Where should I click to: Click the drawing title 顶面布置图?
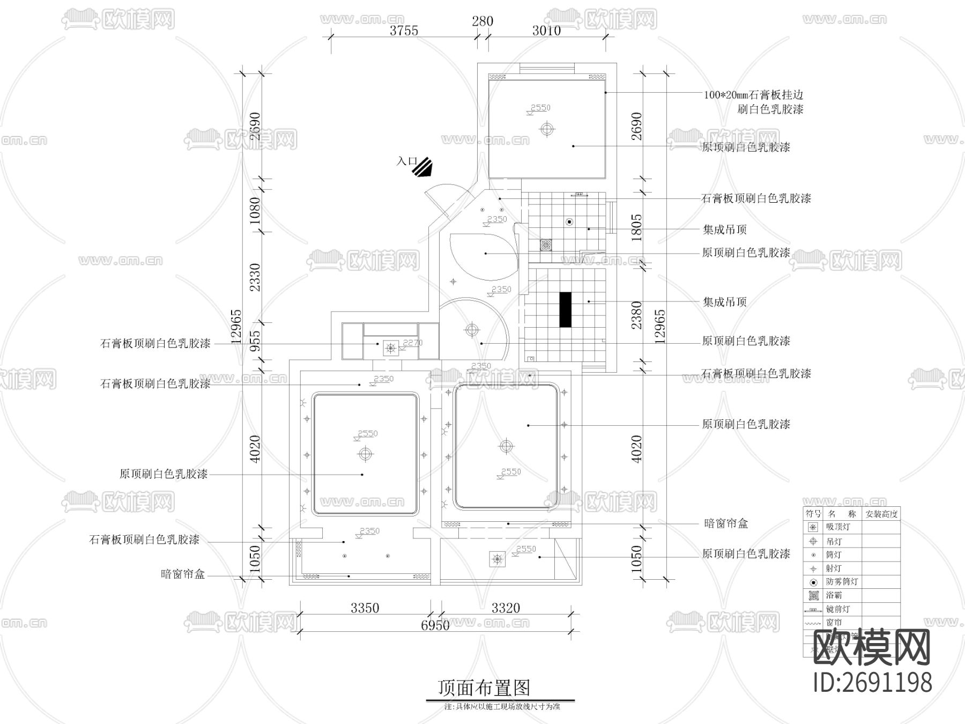(x=484, y=688)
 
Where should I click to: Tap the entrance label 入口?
(x=406, y=161)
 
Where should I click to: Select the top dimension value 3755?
(x=404, y=31)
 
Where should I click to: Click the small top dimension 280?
(x=482, y=21)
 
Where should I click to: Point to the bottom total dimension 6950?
(x=435, y=625)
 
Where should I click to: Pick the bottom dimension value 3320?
(x=506, y=608)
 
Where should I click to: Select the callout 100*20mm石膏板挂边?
(x=753, y=95)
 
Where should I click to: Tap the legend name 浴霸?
(x=834, y=595)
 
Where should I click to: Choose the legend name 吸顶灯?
(x=838, y=527)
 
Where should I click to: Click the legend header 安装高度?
(x=881, y=514)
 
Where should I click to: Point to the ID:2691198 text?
(x=872, y=683)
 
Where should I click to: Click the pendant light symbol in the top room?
(x=546, y=129)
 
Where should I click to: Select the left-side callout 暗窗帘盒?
(x=183, y=574)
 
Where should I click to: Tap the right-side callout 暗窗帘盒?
(x=725, y=523)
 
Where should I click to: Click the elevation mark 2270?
(x=412, y=343)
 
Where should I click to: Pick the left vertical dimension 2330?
(x=255, y=277)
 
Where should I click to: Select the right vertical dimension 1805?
(x=636, y=228)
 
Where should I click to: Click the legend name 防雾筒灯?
(x=842, y=582)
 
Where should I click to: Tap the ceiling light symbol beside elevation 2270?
(x=391, y=349)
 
